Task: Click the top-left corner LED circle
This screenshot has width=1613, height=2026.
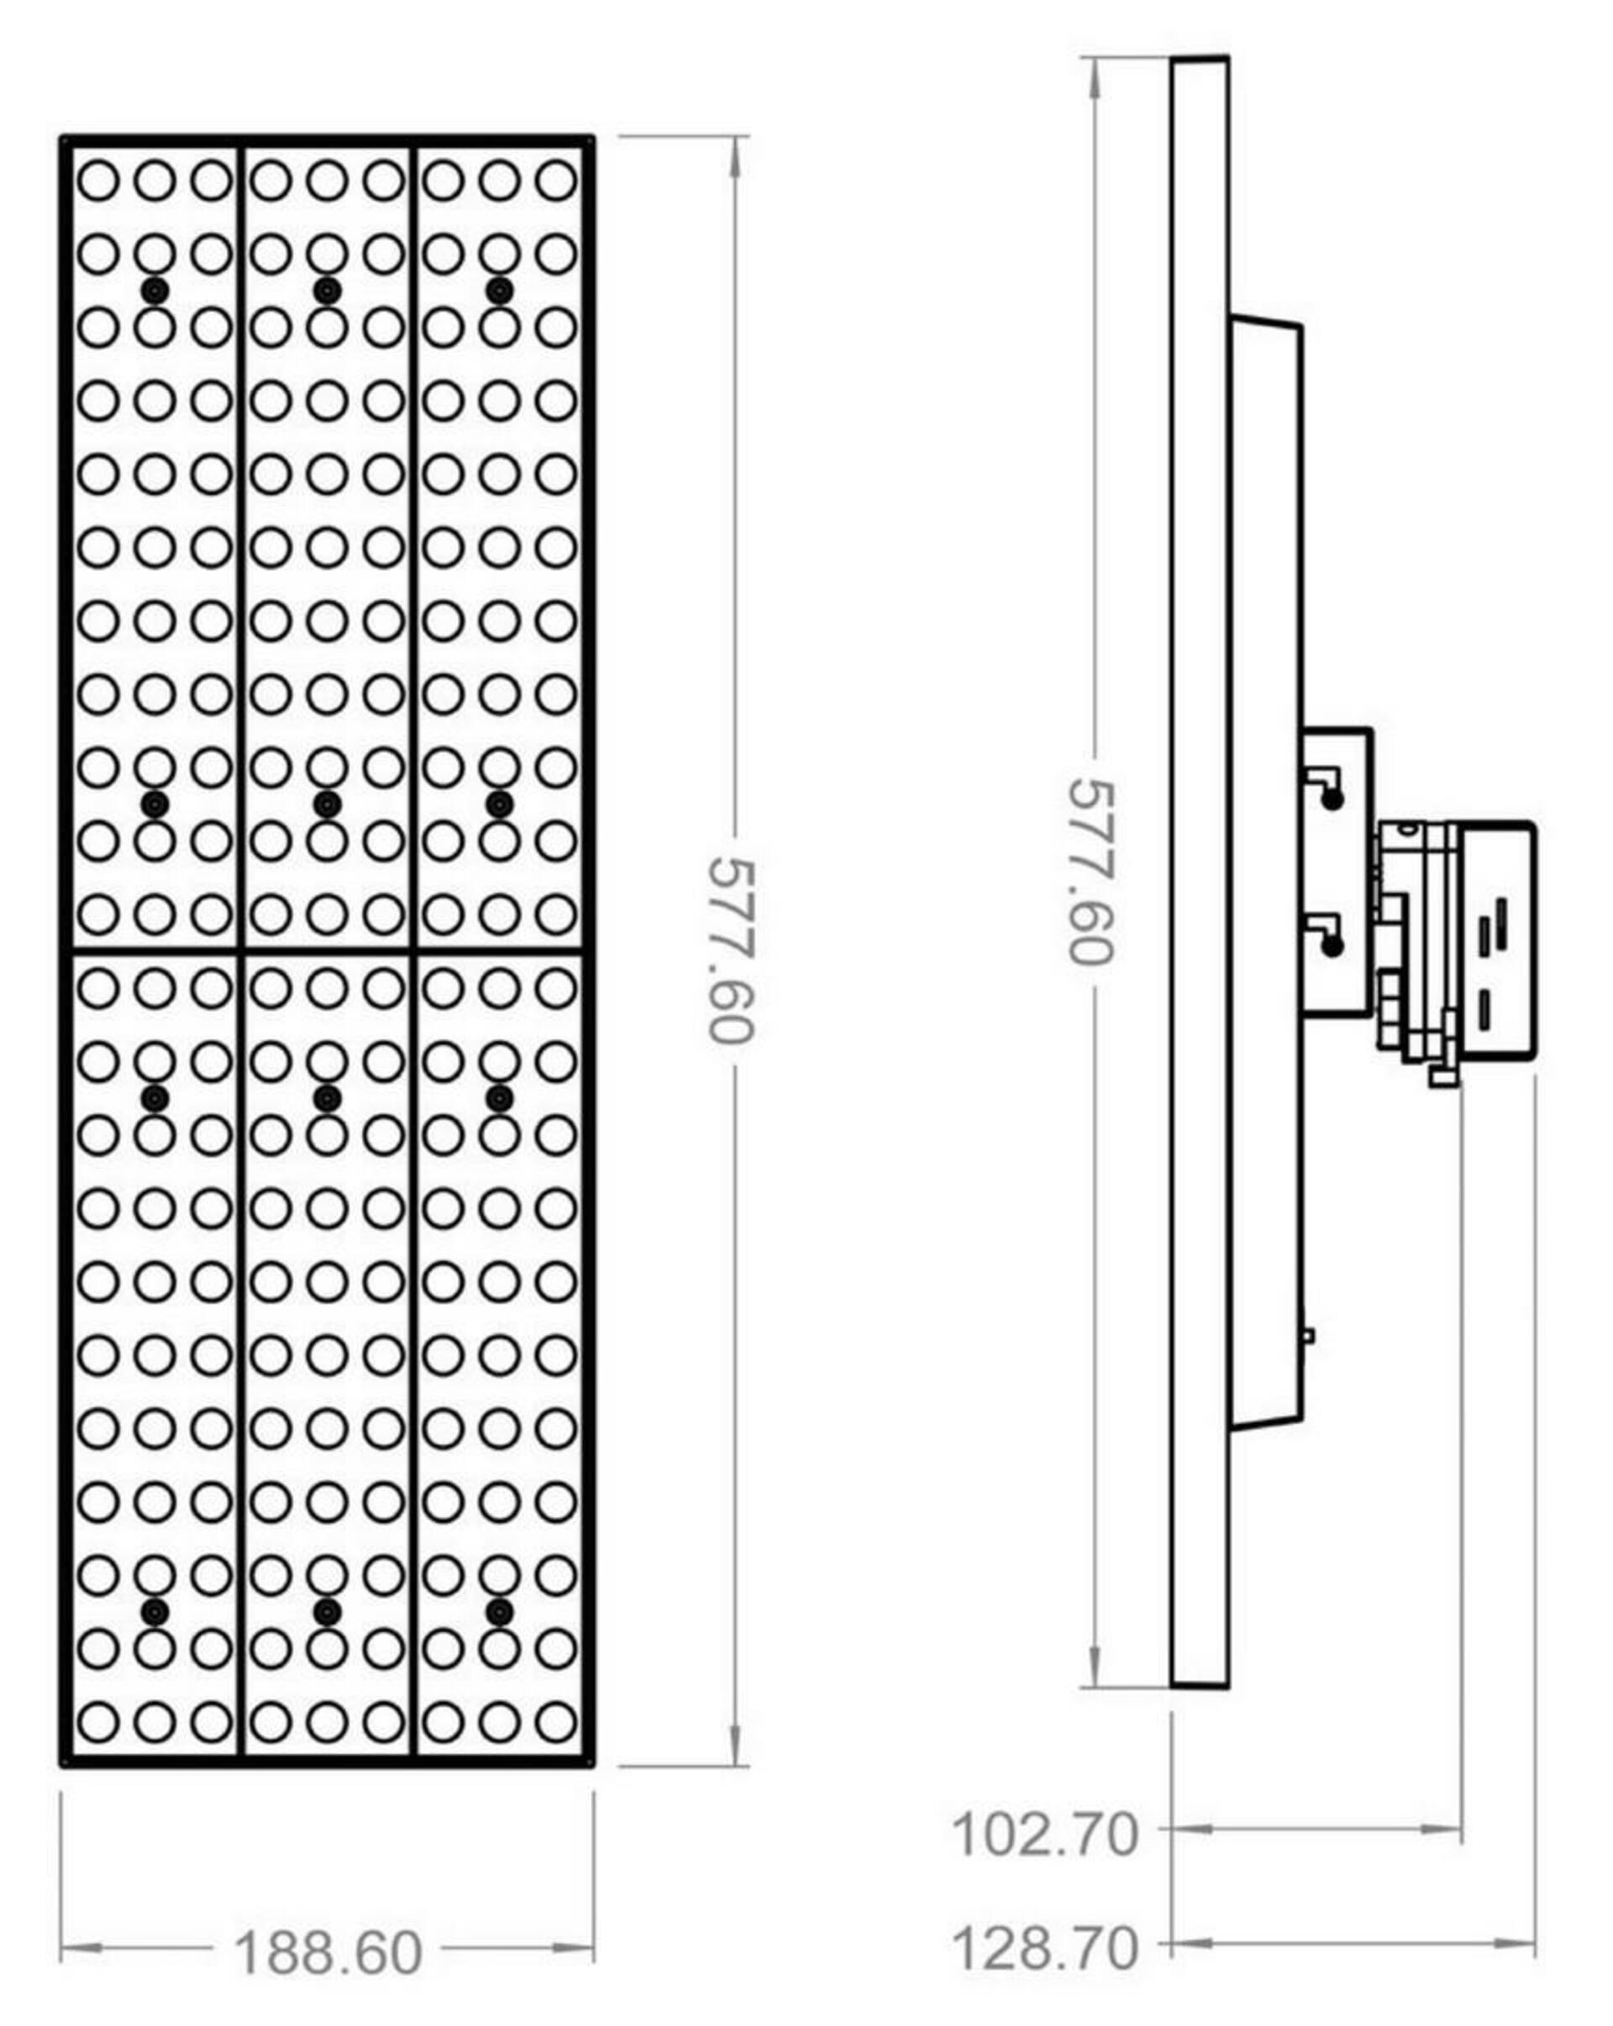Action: tap(97, 180)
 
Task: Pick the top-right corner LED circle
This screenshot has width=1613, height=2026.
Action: tap(555, 180)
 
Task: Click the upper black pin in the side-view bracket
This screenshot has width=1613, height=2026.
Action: tap(1332, 799)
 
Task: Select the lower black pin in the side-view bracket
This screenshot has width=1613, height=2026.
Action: tap(1332, 946)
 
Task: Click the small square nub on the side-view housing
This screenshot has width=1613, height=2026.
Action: tap(1308, 1335)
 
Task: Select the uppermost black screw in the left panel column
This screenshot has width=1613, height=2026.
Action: tap(155, 291)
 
